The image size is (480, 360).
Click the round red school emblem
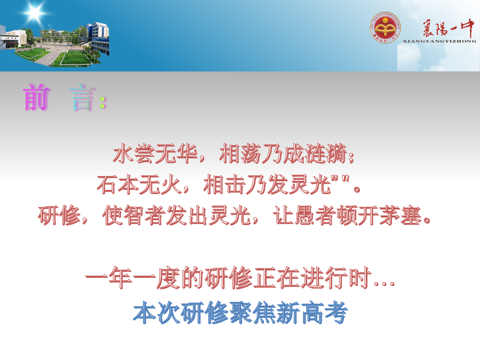[x=385, y=28]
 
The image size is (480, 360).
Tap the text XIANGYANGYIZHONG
[x=439, y=41]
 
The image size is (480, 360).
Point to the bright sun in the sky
[x=34, y=12]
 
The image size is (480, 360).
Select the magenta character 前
[x=36, y=98]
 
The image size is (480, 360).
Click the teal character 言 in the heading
[x=82, y=98]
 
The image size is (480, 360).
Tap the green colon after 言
[x=103, y=102]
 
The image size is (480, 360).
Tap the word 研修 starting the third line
[x=59, y=216]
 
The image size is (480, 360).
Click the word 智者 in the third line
[x=145, y=216]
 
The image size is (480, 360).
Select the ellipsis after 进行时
[x=385, y=284]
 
